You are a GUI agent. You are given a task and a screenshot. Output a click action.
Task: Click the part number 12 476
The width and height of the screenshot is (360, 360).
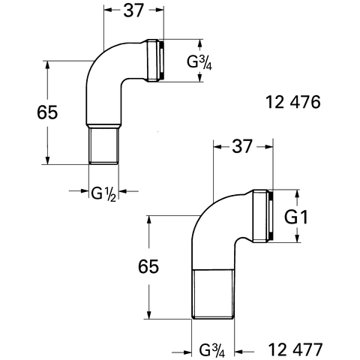292,102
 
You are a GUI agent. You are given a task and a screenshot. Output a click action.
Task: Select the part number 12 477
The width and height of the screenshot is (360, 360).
295,349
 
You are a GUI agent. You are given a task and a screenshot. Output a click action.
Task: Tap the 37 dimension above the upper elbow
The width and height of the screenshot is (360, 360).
133,10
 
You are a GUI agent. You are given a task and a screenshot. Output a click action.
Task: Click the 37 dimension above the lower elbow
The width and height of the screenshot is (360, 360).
242,146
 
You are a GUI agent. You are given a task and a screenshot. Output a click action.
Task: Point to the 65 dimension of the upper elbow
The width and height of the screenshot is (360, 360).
47,112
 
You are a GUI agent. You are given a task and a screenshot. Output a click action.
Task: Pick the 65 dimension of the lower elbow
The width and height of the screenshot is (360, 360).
148,266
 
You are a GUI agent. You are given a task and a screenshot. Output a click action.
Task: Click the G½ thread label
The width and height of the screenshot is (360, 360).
103,193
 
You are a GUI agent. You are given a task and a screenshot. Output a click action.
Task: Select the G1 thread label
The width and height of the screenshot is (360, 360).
296,217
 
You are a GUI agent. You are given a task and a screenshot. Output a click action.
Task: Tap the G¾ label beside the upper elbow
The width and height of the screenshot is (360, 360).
199,62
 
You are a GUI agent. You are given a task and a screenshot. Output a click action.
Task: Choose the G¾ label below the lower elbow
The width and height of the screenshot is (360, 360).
212,350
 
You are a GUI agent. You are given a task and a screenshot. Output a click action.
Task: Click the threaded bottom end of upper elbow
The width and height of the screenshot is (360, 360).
103,145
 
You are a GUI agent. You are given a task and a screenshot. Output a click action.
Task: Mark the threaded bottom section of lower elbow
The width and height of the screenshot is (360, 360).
213,294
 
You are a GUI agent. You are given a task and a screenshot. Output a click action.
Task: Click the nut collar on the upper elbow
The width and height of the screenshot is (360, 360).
154,61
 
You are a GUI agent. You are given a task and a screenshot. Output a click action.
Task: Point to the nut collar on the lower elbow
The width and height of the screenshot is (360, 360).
262,216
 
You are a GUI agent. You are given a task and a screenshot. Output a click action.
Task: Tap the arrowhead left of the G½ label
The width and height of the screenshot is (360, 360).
85,191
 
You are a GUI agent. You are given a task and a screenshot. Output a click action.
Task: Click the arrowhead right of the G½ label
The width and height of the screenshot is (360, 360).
123,191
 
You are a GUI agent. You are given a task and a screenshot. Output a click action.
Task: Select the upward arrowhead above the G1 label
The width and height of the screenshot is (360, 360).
297,194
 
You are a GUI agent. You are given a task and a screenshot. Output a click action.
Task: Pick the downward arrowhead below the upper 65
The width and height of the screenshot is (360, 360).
48,160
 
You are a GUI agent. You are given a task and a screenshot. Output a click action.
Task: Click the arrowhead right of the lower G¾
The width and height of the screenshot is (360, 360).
239,352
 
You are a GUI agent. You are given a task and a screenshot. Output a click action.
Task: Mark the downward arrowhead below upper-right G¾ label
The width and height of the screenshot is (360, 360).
199,77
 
